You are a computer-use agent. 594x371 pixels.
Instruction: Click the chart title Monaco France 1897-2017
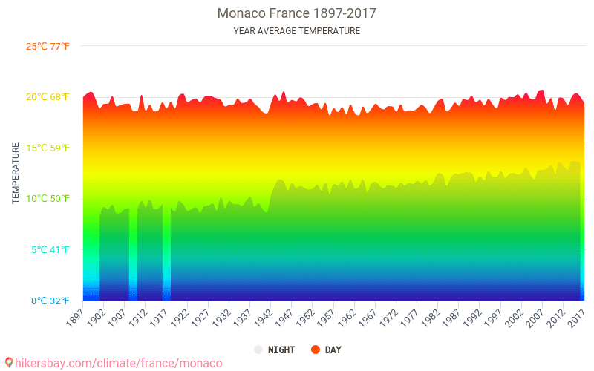click(x=296, y=13)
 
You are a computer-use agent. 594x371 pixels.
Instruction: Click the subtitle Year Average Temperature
click(x=296, y=31)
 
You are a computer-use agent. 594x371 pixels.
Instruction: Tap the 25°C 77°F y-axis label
click(x=48, y=46)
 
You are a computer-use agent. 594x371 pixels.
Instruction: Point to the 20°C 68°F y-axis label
click(x=48, y=97)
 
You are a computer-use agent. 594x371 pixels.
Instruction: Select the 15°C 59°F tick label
click(x=48, y=148)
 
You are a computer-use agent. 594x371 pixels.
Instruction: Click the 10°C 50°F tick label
click(x=48, y=199)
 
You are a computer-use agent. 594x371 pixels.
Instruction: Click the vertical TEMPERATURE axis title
click(x=15, y=174)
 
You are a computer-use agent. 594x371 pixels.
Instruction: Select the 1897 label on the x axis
click(x=75, y=318)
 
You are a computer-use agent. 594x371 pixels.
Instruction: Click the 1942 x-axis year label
click(x=263, y=318)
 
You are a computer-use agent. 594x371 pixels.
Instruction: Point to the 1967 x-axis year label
click(x=368, y=318)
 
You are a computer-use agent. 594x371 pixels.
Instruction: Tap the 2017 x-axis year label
click(x=576, y=318)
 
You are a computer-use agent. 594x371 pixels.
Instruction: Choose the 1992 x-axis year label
click(x=472, y=318)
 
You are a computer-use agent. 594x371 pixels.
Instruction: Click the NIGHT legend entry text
click(x=281, y=349)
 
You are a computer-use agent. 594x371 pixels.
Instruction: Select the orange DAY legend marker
click(x=315, y=349)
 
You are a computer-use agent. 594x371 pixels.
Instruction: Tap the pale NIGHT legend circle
click(x=258, y=349)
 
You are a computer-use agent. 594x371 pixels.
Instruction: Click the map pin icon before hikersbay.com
click(x=9, y=363)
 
